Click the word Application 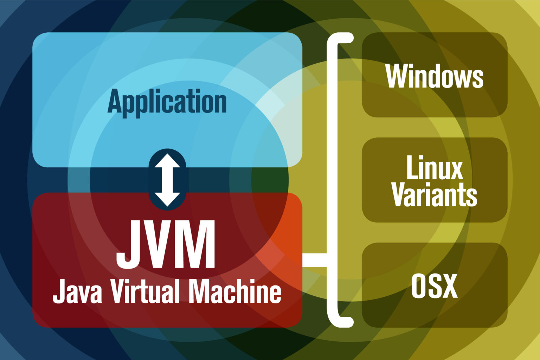tap(167, 102)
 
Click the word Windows tap(434, 76)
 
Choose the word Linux tap(435, 168)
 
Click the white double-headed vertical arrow tap(167, 180)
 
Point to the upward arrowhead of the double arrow tap(167, 161)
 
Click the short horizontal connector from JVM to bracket tap(314, 260)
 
